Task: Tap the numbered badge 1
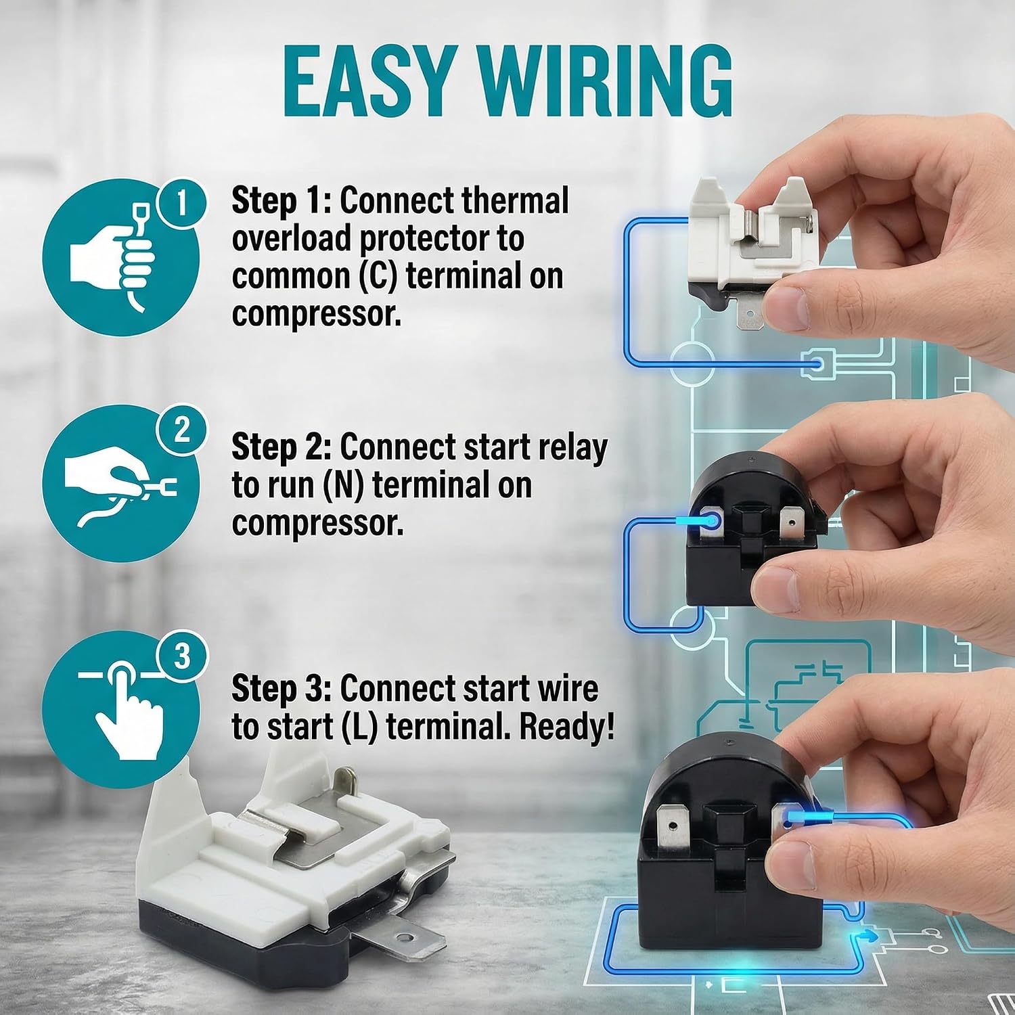point(181,202)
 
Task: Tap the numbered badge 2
point(181,430)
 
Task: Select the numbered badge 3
point(181,656)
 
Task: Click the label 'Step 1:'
point(282,201)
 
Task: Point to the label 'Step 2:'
point(282,447)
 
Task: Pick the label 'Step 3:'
point(282,689)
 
